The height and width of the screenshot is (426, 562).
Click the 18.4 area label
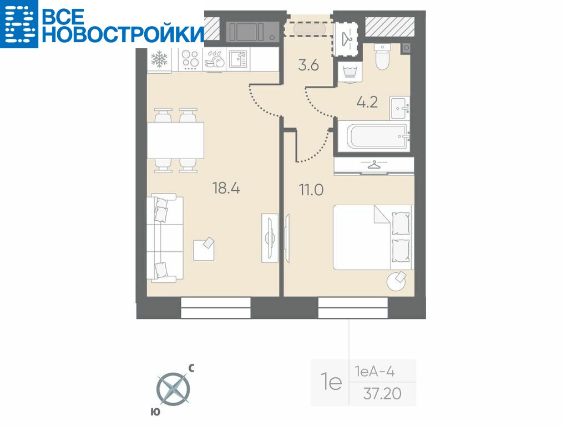(226, 187)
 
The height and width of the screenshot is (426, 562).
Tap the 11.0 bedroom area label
(311, 190)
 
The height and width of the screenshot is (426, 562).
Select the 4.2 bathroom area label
(367, 102)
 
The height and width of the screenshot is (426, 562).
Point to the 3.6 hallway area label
(308, 65)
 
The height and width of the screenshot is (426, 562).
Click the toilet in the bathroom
(382, 57)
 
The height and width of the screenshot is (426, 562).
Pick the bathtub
(373, 136)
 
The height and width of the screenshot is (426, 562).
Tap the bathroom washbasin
(399, 108)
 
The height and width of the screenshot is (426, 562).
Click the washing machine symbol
(350, 71)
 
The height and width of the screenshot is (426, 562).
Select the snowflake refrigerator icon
(159, 59)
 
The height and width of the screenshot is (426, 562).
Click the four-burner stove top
(190, 59)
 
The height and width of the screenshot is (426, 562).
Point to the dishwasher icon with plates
(214, 59)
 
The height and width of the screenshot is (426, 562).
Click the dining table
(176, 140)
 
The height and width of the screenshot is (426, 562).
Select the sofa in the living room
(165, 238)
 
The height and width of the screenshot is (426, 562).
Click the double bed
(373, 237)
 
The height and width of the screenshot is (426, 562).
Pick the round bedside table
(397, 281)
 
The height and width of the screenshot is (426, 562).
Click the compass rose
(174, 389)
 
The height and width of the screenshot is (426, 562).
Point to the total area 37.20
(382, 394)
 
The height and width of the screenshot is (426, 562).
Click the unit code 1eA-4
(374, 372)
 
